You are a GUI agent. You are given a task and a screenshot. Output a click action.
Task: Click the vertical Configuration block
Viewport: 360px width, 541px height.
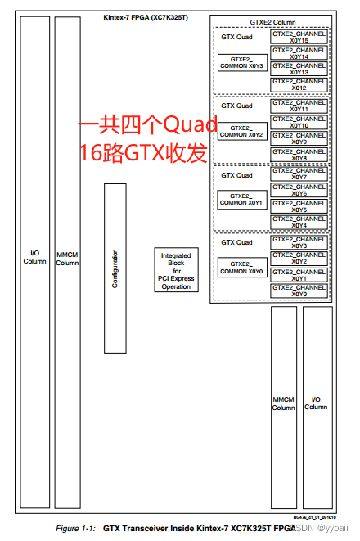pyautogui.click(x=115, y=267)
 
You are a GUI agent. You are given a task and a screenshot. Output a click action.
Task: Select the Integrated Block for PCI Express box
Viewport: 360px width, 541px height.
pyautogui.click(x=176, y=270)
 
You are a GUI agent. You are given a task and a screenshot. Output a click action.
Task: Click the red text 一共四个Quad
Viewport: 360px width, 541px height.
pyautogui.click(x=147, y=125)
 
